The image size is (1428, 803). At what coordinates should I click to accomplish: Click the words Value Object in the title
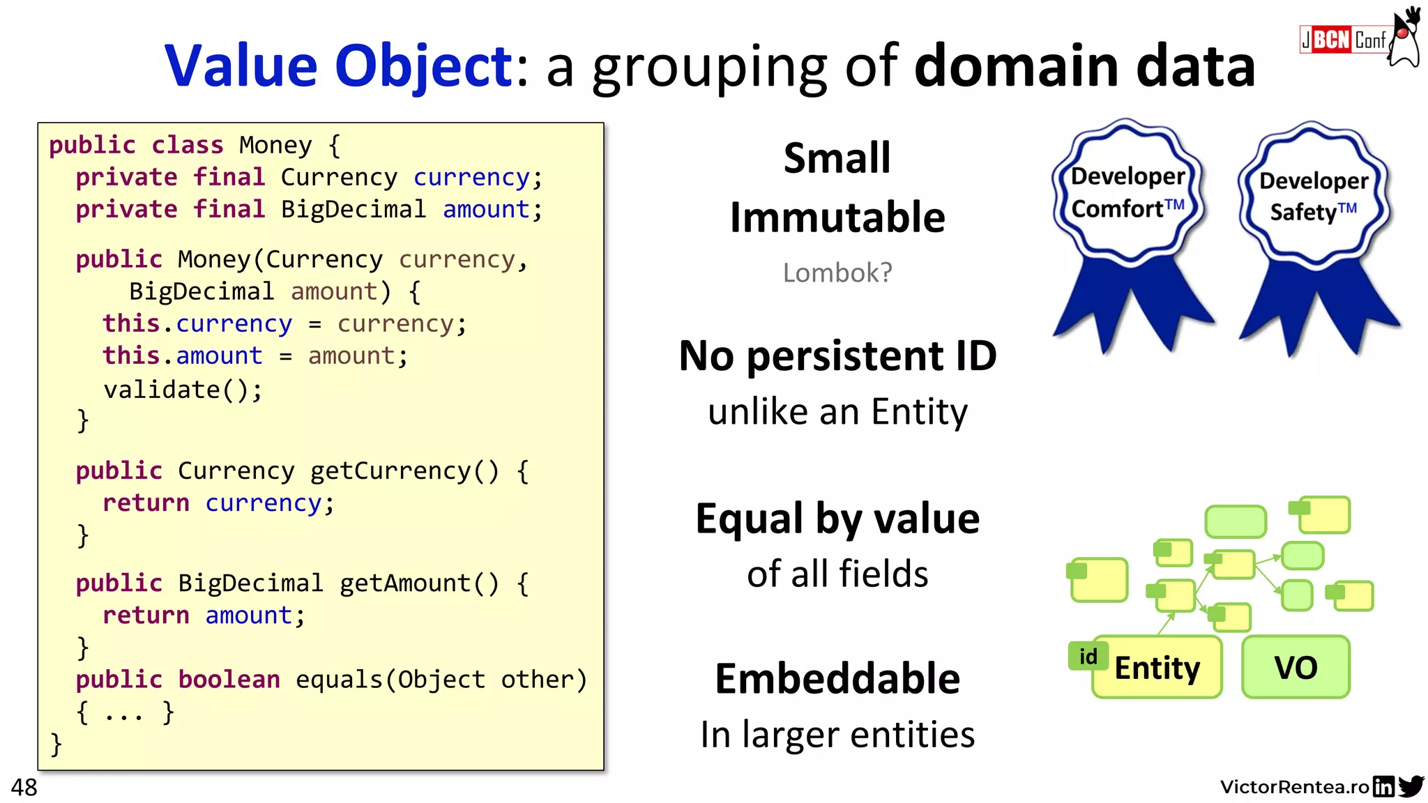coord(339,66)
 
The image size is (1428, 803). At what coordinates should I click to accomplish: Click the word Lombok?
coord(837,273)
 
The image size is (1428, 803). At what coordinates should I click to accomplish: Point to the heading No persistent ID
coord(837,356)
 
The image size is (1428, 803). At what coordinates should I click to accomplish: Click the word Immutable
coord(837,217)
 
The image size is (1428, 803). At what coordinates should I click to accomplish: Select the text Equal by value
coord(837,519)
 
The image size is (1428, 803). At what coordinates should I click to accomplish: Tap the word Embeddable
coord(837,679)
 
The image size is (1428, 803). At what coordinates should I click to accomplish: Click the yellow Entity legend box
coord(1157,668)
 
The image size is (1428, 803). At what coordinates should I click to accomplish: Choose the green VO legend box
coord(1296,667)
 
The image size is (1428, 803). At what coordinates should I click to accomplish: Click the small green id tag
coord(1088,656)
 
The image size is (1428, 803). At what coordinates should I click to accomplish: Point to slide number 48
coord(24,788)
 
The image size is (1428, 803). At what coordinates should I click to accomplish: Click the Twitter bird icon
coord(1411,786)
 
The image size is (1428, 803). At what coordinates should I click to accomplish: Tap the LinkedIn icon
coord(1383,786)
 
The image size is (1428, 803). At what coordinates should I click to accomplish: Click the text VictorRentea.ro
coord(1294,787)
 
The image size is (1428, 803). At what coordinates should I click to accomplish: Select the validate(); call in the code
coord(183,390)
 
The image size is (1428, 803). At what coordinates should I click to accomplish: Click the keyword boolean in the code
coord(229,680)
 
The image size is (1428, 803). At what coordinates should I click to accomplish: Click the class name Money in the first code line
coord(275,145)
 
